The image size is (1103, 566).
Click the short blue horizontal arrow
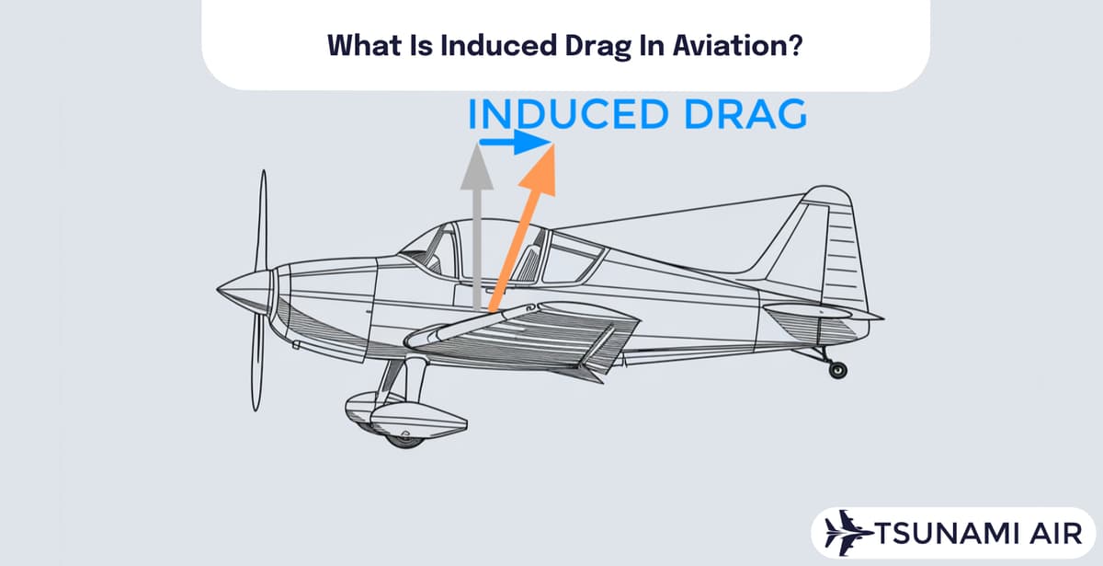coord(514,143)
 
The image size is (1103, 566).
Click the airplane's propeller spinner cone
coord(241,290)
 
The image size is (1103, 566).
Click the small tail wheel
coord(837,370)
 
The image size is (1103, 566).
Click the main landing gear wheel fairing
coord(404,416)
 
